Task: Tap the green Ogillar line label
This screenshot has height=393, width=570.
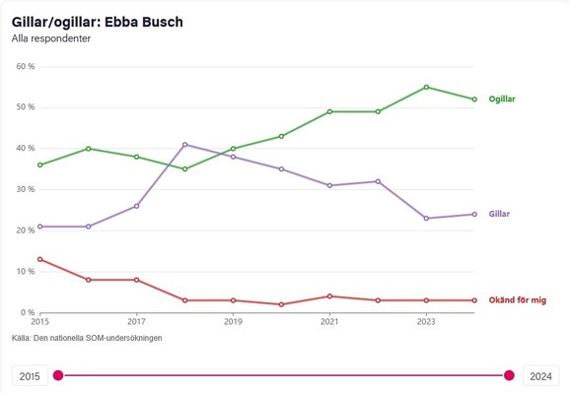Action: (502, 99)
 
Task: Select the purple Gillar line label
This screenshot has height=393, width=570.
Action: (499, 214)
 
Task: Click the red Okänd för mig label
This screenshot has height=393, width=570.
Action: (518, 299)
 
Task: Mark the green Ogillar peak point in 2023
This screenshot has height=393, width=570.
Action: (426, 87)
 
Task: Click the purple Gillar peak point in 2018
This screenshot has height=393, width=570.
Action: (184, 145)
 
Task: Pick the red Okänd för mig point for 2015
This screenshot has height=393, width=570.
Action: (39, 259)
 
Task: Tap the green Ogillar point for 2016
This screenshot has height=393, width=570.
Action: (88, 149)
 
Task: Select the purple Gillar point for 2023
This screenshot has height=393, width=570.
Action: (426, 218)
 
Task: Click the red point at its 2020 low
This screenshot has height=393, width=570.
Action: (281, 304)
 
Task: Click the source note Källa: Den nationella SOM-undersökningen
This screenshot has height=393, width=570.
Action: (87, 338)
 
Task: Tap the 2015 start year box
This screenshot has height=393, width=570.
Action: (29, 375)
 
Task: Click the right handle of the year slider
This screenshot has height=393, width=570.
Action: (509, 374)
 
